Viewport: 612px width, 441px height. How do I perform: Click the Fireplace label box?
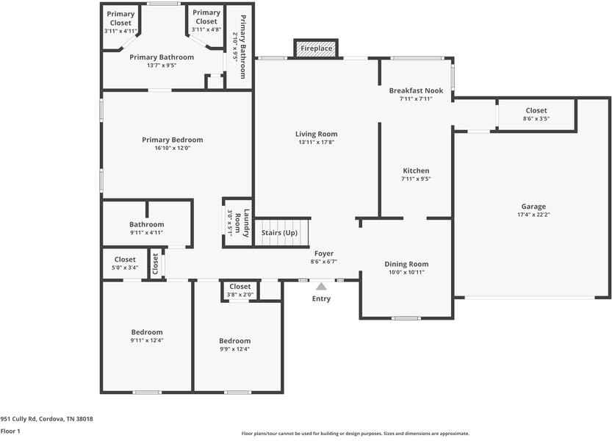tap(317, 49)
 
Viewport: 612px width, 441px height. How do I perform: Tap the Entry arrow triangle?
tap(321, 287)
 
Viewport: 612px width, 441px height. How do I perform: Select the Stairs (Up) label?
tap(279, 233)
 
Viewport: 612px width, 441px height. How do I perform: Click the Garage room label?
tap(533, 207)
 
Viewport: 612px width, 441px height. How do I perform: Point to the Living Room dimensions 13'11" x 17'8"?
tap(316, 143)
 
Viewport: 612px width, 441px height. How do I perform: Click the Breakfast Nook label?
tap(416, 90)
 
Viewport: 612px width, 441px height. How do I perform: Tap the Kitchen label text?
tap(416, 171)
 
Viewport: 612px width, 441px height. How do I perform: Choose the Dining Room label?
tap(406, 264)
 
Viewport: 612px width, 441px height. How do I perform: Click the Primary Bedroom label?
tap(173, 140)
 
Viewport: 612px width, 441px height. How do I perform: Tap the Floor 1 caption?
tap(10, 431)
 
